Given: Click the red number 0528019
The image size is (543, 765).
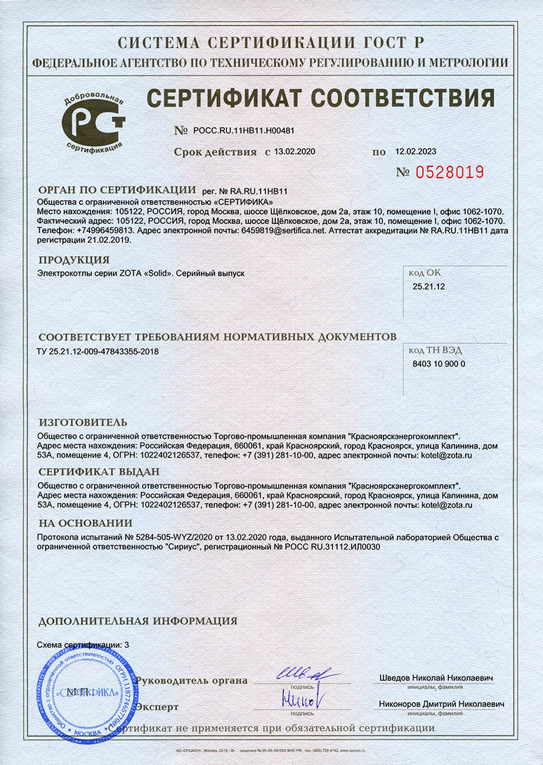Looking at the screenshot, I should pos(450,172).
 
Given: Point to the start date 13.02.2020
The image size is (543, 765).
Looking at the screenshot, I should pos(296,152).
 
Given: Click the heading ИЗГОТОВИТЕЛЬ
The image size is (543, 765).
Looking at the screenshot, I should pos(83,422).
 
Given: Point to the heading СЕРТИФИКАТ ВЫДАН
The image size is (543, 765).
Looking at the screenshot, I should pos(97,472).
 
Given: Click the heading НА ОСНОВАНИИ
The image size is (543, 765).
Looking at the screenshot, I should pos(85,523).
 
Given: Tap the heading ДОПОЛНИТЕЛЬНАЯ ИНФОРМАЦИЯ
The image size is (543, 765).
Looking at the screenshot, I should pos(137,621).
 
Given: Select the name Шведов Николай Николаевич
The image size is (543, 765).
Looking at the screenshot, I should pos(436,679).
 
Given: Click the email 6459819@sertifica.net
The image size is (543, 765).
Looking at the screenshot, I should pos(283,230).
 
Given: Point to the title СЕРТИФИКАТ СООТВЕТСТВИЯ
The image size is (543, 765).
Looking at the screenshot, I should pos(320,99).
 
